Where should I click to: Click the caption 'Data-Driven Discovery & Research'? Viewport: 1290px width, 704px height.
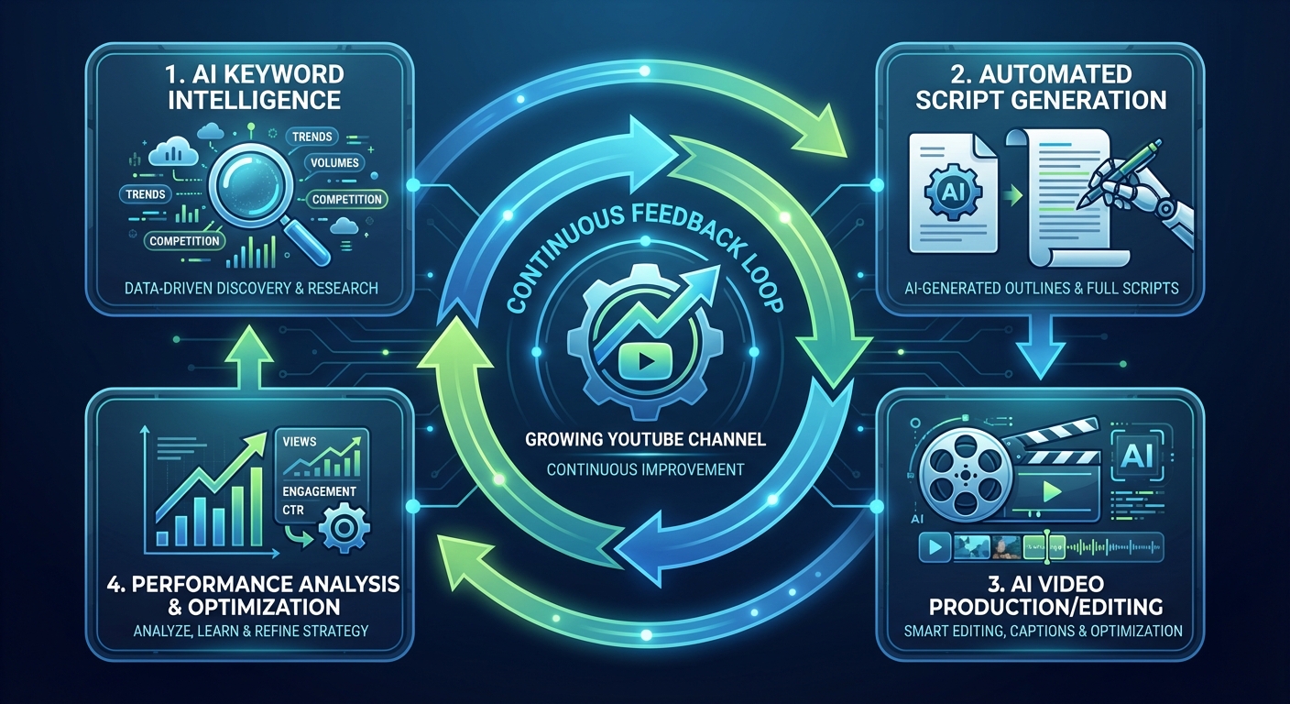[249, 288]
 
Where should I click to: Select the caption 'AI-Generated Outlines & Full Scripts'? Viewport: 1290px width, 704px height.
[1039, 288]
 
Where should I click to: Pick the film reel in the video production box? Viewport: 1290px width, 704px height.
[961, 472]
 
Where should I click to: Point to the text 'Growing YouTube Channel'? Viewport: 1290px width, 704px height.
[645, 439]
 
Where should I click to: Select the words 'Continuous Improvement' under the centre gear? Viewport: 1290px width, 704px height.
[645, 469]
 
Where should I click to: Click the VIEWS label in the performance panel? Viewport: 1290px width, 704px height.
[301, 442]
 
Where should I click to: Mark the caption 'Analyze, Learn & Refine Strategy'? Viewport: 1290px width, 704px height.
[249, 631]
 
